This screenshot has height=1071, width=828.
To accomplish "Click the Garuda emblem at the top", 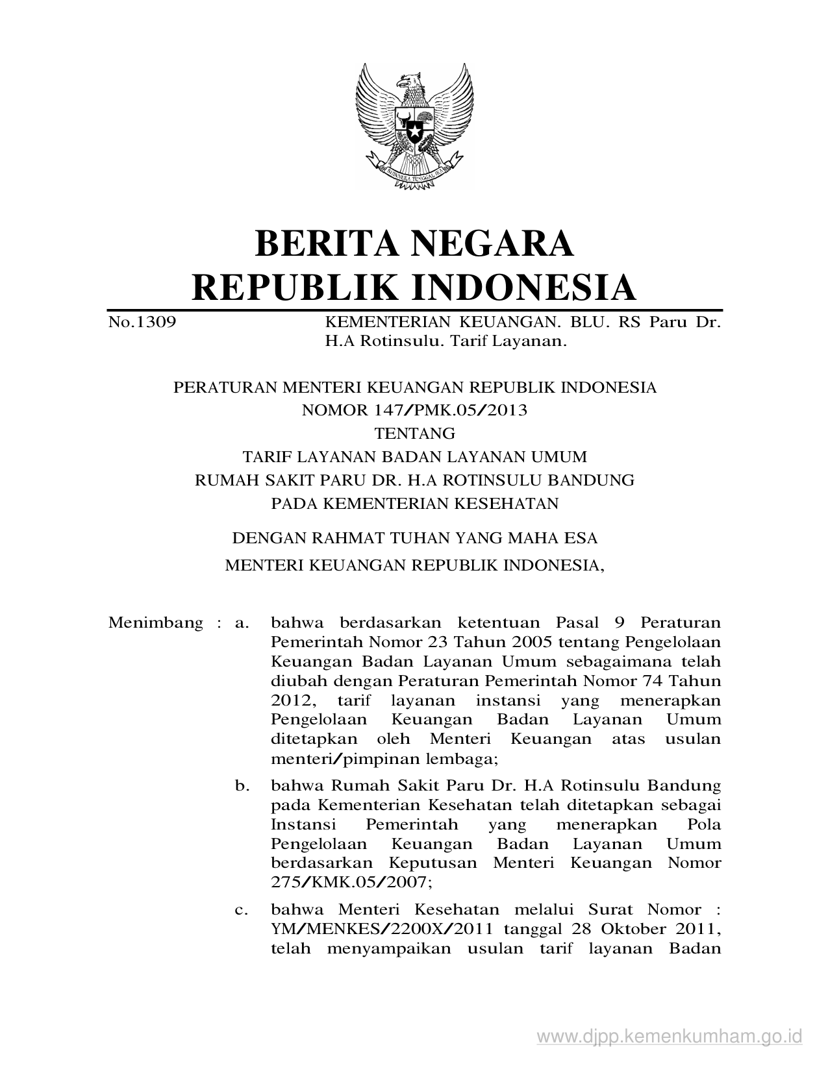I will click(x=414, y=126).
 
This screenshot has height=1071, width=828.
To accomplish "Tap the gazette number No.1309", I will click(x=142, y=322).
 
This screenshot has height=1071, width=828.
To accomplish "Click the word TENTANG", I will click(x=414, y=433).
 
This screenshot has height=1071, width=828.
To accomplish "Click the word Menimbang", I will click(x=156, y=623).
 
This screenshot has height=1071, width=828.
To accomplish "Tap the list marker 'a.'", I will click(x=242, y=623).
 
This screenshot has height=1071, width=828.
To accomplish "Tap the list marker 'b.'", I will click(x=242, y=785).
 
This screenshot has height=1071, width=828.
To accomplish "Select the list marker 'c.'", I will click(x=242, y=909).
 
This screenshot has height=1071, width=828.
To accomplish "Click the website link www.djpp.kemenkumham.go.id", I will click(x=670, y=1035).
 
